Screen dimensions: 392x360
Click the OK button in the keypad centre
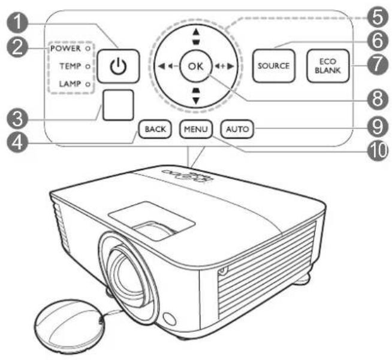coord(196,66)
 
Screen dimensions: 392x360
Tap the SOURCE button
coord(274,66)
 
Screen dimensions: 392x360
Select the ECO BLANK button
coord(328,66)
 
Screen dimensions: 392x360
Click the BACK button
coord(155,129)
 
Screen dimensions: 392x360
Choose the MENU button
coord(196,129)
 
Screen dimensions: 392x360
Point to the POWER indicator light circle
coord(88,49)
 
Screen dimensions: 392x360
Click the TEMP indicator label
coord(70,66)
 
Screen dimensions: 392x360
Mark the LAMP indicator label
coord(70,84)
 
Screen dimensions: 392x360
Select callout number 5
coord(378,17)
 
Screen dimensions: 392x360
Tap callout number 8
coord(378,99)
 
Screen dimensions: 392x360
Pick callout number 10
coord(378,150)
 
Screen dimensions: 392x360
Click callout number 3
coord(17,119)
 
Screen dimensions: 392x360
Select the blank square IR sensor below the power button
coord(118,105)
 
